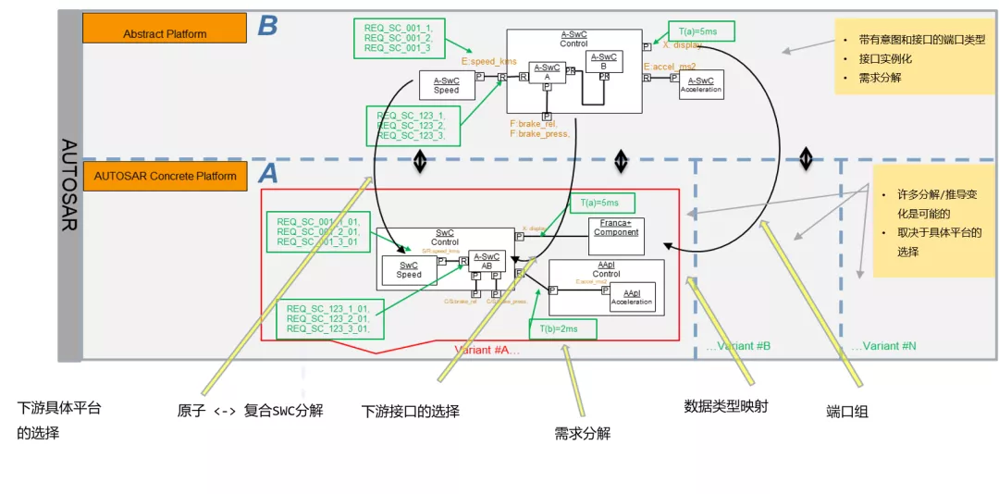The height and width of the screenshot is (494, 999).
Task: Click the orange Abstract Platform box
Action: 165,29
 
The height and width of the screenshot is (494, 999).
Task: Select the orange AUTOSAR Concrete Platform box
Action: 165,176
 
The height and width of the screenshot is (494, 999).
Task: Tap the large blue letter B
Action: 267,25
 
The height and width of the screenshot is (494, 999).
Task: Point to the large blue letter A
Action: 267,173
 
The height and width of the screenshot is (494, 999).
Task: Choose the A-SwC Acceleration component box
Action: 700,84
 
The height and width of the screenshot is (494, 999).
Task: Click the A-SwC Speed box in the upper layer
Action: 447,85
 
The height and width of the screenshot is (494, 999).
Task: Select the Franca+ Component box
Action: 616,236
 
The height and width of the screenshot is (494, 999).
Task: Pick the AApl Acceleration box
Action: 632,296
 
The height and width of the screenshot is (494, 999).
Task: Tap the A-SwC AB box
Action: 487,261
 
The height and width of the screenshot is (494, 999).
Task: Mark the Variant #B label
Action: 738,346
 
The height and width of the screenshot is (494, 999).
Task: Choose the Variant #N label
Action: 883,346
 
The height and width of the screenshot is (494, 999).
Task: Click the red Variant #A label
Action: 487,350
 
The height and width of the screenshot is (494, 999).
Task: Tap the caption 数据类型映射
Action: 725,405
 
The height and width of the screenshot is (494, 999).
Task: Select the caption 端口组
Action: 846,411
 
